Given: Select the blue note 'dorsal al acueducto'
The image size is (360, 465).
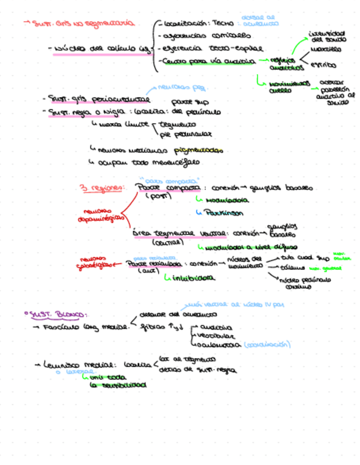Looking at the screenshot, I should tap(260, 20).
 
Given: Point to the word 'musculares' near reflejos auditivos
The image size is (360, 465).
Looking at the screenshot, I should tap(325, 49).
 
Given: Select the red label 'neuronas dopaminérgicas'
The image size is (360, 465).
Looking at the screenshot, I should tap(98, 214).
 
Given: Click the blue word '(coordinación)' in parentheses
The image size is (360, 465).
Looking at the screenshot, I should tap(267, 345).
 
